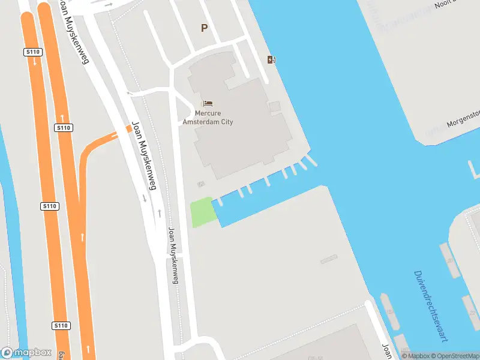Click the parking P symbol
[x=204, y=28]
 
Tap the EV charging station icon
[x=272, y=59]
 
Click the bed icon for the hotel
[x=208, y=104]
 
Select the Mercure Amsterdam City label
[x=208, y=118]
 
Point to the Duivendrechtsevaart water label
[x=430, y=306]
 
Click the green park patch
[x=203, y=212]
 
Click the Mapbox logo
[x=26, y=353]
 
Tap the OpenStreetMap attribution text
[x=457, y=356]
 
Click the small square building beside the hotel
[x=274, y=106]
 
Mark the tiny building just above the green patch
[x=201, y=184]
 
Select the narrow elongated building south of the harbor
[x=328, y=260]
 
